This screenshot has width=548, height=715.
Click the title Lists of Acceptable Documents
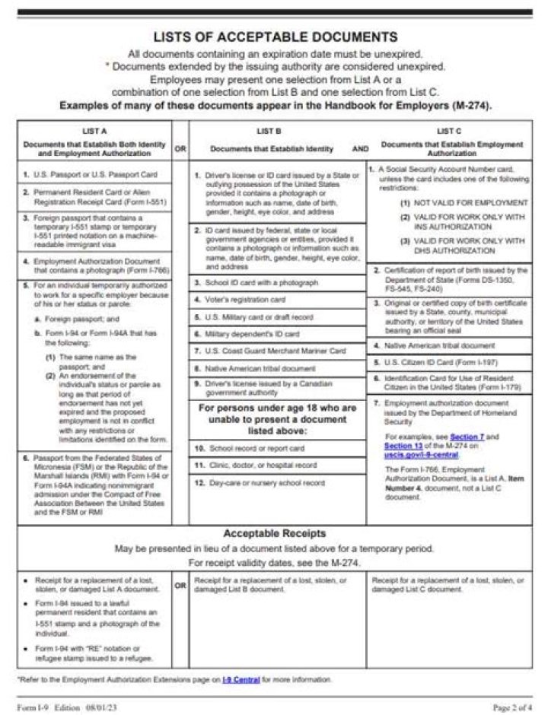(x=275, y=37)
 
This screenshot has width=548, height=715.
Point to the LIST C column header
(x=449, y=131)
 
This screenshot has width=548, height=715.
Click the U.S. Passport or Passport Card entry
(x=95, y=175)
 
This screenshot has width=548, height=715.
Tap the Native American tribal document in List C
(x=444, y=345)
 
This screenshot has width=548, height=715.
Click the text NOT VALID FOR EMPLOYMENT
(x=470, y=203)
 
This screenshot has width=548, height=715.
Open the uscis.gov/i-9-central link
(x=421, y=455)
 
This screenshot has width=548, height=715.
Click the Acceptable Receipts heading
(x=274, y=533)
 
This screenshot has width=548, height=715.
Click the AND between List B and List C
(x=360, y=149)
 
